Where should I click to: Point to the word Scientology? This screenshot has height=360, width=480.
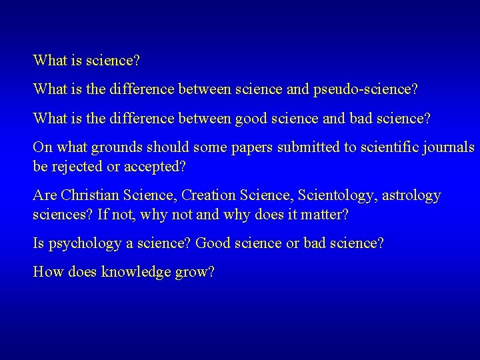pyautogui.click(x=330, y=195)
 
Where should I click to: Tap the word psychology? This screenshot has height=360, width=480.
pyautogui.click(x=82, y=243)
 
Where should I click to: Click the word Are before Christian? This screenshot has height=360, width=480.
pyautogui.click(x=45, y=195)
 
